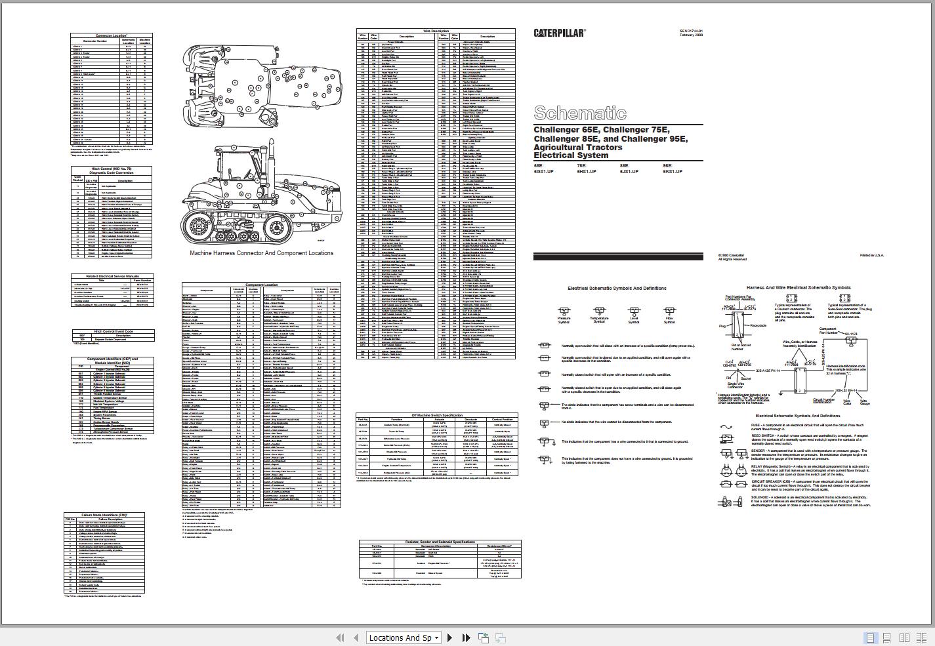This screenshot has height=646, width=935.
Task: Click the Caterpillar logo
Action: coord(559,32)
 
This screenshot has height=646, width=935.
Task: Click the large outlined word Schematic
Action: coord(580,113)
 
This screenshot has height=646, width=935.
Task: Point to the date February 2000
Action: coord(691,35)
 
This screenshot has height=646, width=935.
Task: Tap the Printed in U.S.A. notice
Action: coord(872,255)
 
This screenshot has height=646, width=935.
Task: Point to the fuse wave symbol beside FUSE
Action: coord(726,427)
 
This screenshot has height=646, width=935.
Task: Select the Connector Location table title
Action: coord(112,35)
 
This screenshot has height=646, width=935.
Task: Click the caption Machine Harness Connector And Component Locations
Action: coord(261,253)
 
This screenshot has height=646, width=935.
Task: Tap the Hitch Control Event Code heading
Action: coord(114,331)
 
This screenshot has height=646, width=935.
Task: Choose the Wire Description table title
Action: coord(436,31)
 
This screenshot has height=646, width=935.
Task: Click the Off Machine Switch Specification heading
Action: coord(437,415)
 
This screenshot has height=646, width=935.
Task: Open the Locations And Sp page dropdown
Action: coord(403,637)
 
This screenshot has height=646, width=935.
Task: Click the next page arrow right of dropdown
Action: coord(449,637)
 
